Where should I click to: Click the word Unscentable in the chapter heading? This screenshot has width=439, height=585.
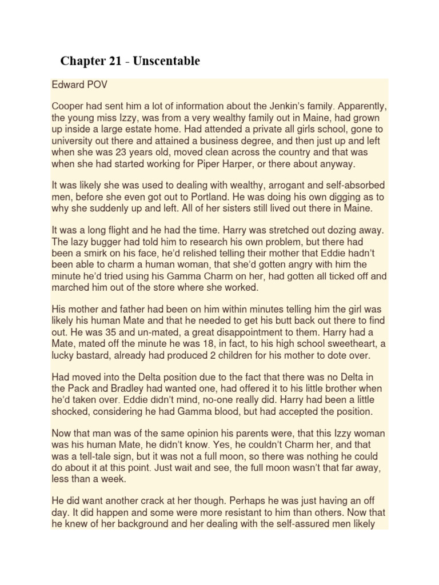pos(166,61)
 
